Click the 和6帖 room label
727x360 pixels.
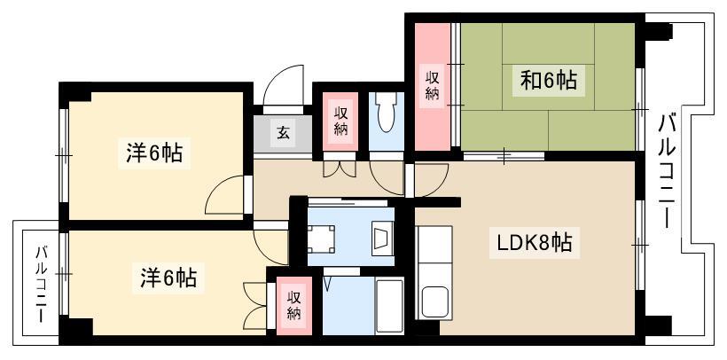549,81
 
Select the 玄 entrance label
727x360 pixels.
283,133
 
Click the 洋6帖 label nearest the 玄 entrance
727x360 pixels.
154,153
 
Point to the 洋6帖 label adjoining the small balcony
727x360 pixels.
168,278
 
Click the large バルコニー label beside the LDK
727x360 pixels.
668,171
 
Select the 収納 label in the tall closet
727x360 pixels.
432,86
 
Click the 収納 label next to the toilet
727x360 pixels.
340,121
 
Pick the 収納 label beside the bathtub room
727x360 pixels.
294,305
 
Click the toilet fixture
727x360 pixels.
386,113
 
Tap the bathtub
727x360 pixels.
389,306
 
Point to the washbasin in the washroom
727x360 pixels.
382,239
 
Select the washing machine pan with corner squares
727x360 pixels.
321,239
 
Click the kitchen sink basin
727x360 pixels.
433,301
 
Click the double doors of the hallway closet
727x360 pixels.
340,168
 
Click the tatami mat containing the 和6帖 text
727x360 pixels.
548,88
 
